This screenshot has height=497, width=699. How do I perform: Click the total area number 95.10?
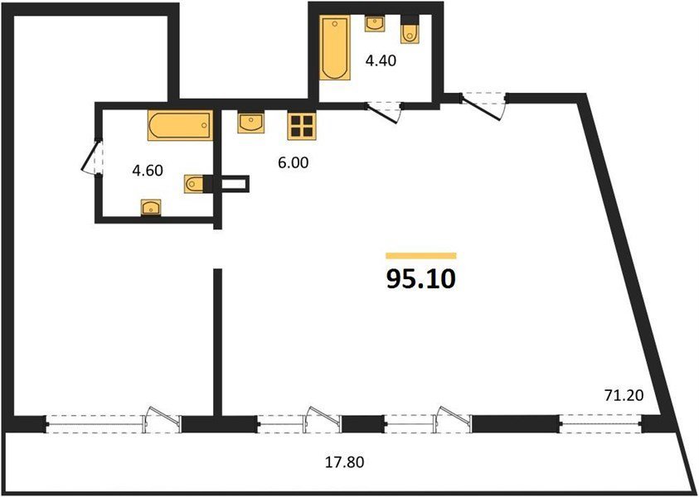[421, 279]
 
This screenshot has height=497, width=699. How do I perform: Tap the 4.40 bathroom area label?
[381, 60]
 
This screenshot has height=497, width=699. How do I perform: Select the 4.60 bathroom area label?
[148, 170]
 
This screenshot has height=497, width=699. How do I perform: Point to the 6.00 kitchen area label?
[293, 163]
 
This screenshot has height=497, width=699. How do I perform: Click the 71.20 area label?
[624, 395]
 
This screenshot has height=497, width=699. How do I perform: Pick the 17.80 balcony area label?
[344, 462]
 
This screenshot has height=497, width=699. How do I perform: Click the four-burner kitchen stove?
[302, 126]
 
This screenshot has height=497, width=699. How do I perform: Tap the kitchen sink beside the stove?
[251, 123]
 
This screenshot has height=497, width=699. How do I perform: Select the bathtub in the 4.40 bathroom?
[335, 47]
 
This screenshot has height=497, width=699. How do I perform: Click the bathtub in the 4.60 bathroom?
[181, 125]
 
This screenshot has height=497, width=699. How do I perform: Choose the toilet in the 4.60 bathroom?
[195, 184]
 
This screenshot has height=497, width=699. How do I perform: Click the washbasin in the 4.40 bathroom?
[376, 23]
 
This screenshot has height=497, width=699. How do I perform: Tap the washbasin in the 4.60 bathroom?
[151, 208]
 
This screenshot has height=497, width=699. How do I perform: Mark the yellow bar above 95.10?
[421, 256]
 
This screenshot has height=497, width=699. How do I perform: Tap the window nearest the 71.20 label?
[600, 423]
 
